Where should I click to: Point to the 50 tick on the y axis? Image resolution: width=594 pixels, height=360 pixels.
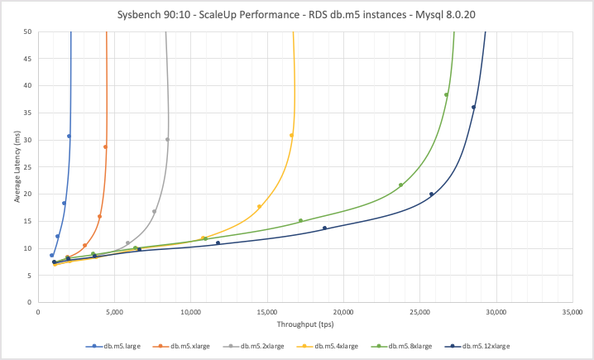(27, 31)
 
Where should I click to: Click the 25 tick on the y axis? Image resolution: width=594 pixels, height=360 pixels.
(27, 167)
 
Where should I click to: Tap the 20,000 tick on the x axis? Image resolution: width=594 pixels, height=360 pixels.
(343, 313)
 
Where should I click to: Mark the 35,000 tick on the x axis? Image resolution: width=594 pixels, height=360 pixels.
(572, 313)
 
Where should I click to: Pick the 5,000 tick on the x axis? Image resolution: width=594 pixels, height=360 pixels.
(114, 313)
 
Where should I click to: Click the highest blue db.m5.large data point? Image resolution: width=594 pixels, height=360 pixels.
(69, 137)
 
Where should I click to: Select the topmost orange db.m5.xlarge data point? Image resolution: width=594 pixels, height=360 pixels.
(105, 147)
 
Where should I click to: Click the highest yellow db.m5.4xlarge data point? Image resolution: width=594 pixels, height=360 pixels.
(291, 135)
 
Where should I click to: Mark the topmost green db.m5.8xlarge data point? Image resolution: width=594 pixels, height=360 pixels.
(446, 94)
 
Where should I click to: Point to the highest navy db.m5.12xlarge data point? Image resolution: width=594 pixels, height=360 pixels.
(473, 107)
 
